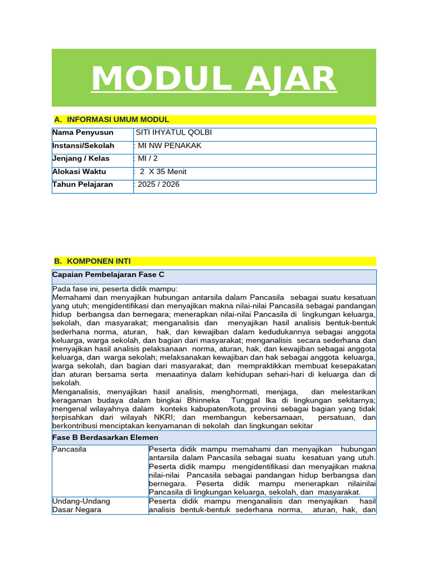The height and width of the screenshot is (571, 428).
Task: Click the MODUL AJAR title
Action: pos(213,79)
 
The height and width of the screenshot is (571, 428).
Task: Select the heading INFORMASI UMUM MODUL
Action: pos(118,119)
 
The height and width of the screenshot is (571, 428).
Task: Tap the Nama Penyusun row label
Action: pos(83,133)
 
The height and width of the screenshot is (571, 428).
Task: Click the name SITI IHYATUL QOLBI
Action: pos(174,133)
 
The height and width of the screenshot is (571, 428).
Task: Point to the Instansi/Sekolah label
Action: pos(84,146)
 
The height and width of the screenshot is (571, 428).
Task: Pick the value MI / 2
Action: pos(148,158)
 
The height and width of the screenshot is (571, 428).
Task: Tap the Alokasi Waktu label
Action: pos(79,172)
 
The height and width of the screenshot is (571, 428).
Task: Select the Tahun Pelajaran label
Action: pos(82,185)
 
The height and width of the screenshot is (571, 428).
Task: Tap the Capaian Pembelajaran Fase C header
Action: pos(108,275)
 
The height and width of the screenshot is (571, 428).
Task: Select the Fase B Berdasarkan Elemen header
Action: pos(105,438)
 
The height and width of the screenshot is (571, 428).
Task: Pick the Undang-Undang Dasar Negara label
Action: pos(81,505)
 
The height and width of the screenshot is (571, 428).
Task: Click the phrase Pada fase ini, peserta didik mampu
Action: pos(115,289)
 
